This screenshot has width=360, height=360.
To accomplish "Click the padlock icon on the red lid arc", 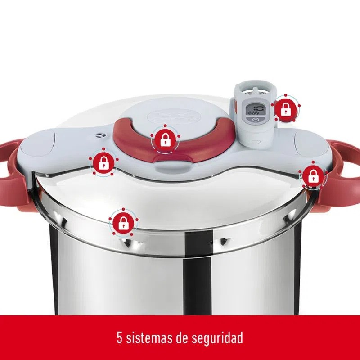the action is click(165, 139).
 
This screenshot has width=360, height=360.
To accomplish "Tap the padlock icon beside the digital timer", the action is click(285, 108).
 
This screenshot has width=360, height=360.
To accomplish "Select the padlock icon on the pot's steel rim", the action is click(123, 223).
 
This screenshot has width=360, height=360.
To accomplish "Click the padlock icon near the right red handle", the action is click(312, 176).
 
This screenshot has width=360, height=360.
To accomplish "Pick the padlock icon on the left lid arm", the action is click(103, 162).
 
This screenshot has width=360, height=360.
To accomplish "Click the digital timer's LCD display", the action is click(253, 110).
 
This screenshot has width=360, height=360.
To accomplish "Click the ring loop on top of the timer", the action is click(255, 90).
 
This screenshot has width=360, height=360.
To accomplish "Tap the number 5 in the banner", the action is click(119, 337).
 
